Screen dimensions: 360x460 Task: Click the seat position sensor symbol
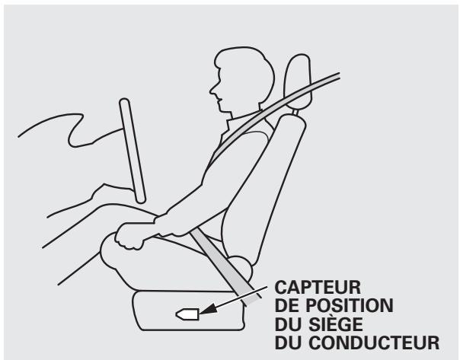pyautogui.click(x=187, y=312)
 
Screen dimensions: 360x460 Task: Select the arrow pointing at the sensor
pyautogui.click(x=244, y=303)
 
